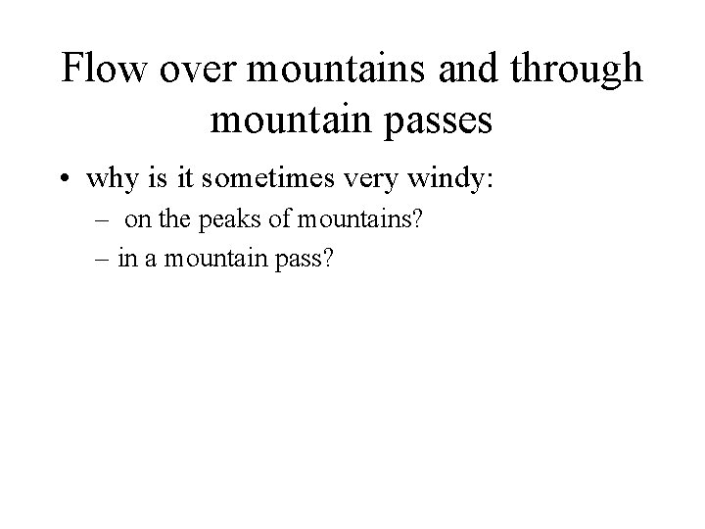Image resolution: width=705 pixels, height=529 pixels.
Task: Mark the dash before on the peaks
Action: tap(104, 220)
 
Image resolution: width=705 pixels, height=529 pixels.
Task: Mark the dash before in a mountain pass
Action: tap(104, 260)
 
